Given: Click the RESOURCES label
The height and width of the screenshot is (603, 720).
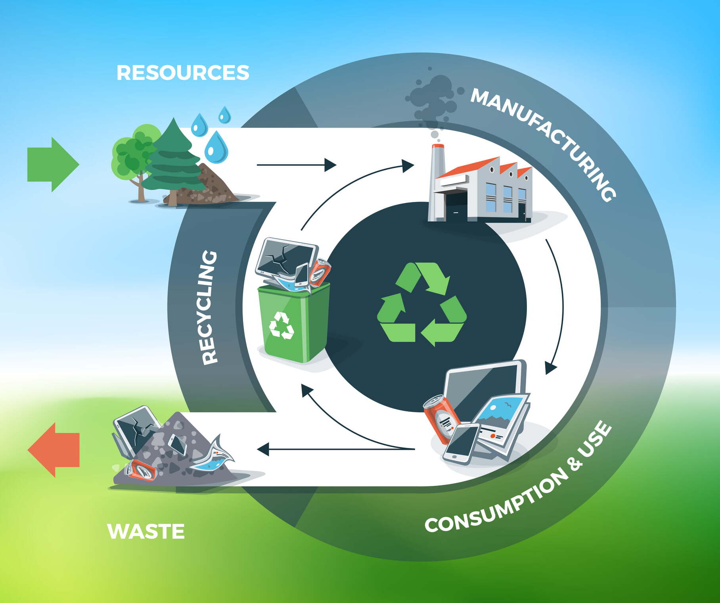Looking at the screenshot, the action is pos(183,73).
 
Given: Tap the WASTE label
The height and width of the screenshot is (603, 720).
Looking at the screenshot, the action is pos(146,532).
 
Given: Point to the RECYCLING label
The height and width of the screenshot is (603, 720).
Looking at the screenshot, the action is pos(209,307).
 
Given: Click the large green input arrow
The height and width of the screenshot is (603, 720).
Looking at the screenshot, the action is pos(53,165).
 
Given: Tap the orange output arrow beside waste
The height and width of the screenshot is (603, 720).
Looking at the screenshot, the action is pos(54,450).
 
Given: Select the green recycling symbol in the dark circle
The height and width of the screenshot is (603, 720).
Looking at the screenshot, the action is pos(422,304).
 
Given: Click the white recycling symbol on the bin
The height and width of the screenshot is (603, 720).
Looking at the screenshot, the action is pos(281,326).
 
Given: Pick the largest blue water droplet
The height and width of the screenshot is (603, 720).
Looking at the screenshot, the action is pos(216,148).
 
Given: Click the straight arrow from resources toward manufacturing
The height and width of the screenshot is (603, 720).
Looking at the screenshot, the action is pos(297,165).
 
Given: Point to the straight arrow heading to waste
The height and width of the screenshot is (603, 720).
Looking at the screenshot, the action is pos(336,449).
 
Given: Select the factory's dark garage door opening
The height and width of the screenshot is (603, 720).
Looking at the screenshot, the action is pos(456,205).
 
